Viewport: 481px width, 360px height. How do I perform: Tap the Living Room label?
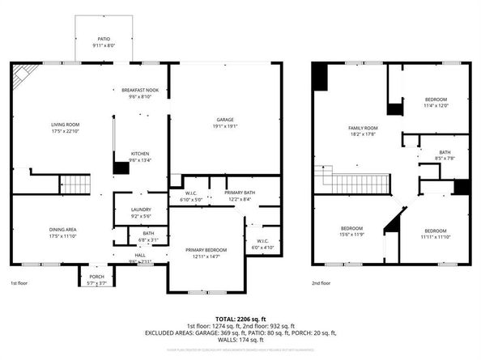[x=55, y=125]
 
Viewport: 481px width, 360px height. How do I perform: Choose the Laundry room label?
[x=140, y=214]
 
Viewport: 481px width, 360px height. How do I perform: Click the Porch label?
[x=96, y=276]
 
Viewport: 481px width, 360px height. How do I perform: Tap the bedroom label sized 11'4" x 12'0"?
[x=436, y=101]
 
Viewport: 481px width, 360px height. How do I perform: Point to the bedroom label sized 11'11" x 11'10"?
[x=436, y=231]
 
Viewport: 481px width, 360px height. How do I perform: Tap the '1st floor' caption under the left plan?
[x=19, y=284]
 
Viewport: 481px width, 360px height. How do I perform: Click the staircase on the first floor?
[x=74, y=183]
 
